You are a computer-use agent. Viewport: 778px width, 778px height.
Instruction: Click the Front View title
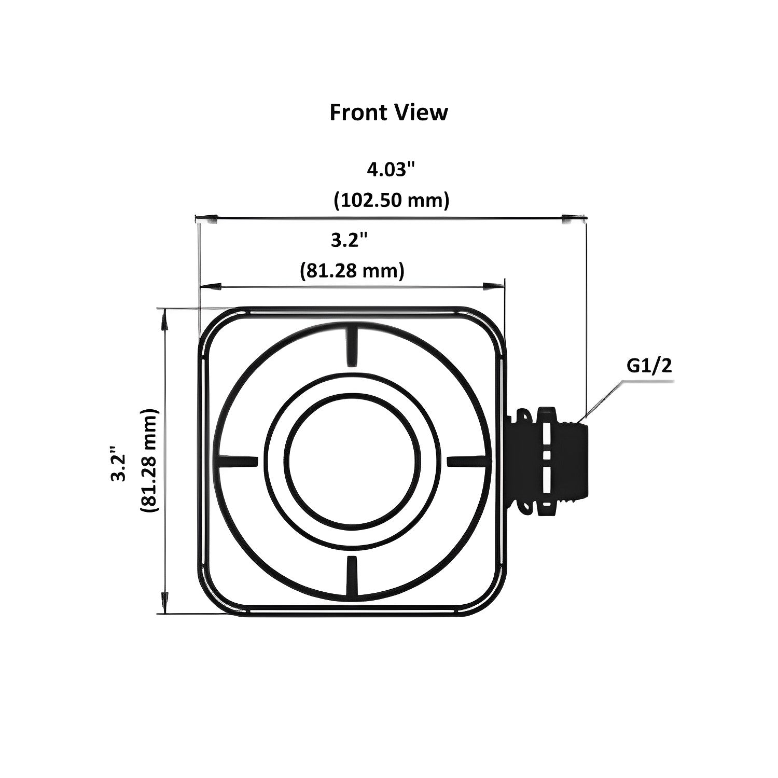pos(388,112)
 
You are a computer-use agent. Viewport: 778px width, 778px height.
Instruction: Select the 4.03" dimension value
pos(392,170)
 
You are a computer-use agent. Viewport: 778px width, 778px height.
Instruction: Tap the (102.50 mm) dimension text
pos(391,200)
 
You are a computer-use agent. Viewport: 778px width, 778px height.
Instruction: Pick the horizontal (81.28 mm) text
pos(352,270)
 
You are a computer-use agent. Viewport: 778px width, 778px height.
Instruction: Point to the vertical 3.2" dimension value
pos(119,462)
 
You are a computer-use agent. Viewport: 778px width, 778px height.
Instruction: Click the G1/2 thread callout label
pos(649,366)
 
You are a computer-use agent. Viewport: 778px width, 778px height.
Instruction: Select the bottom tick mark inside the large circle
pos(352,576)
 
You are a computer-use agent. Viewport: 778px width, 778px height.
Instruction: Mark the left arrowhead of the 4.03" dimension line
pos(207,217)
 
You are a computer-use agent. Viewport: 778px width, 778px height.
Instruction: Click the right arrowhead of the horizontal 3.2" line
pos(493,286)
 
